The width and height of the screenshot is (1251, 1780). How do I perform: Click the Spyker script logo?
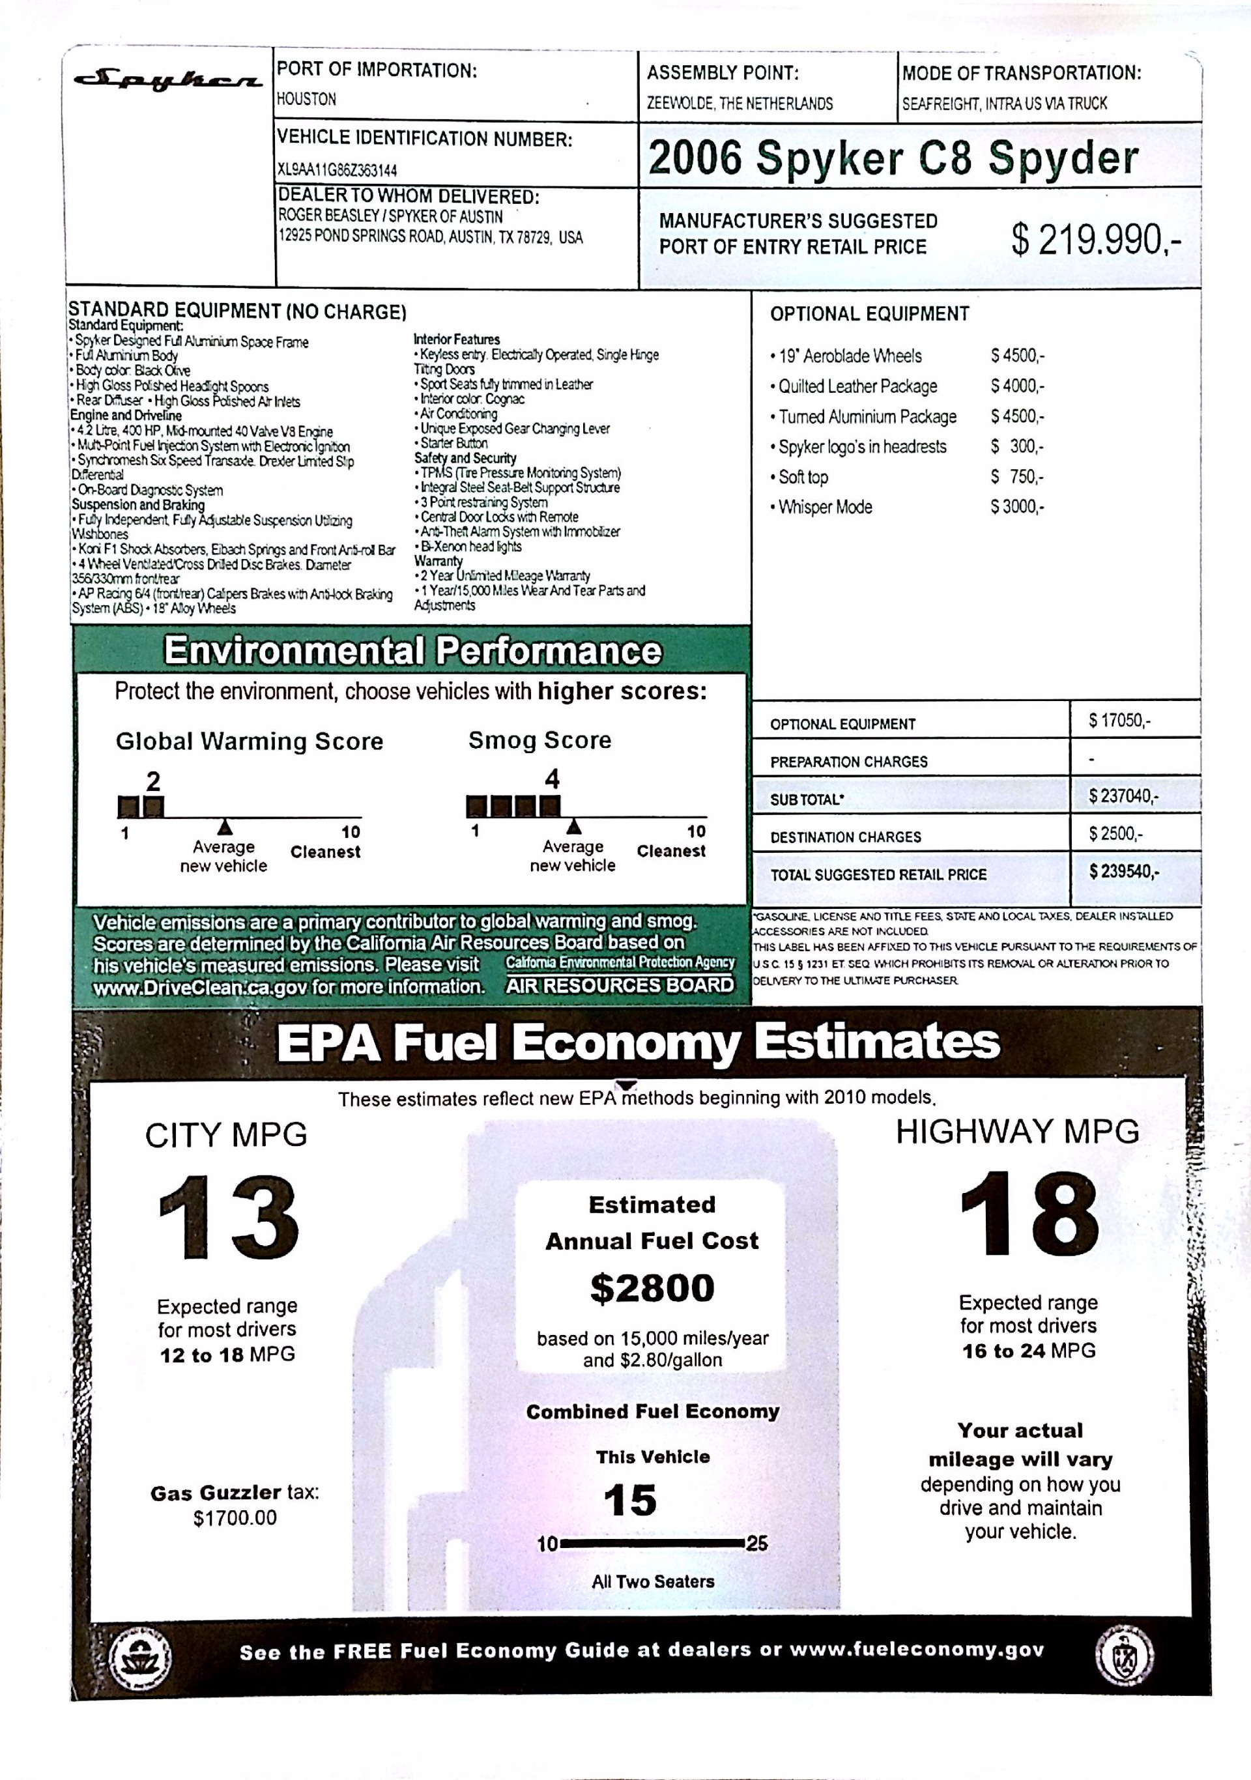[x=167, y=81]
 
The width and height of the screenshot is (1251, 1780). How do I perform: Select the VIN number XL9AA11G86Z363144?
[x=337, y=170]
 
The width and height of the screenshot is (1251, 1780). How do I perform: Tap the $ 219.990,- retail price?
[x=1095, y=240]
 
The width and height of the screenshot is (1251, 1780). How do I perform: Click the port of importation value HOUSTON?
[x=307, y=99]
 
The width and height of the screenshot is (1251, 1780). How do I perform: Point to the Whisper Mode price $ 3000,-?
[x=1017, y=507]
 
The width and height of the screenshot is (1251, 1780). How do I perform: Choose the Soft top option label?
[x=803, y=478]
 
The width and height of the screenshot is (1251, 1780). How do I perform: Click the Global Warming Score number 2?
[x=154, y=781]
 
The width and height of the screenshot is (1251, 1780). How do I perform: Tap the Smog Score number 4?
[x=552, y=779]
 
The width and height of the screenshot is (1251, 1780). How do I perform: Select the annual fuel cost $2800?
[x=652, y=1289]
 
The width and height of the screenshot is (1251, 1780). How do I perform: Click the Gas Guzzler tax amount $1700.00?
[x=235, y=1518]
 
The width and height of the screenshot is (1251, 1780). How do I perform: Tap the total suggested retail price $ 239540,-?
[x=1124, y=871]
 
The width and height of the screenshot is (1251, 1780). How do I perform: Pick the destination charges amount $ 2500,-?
[x=1115, y=834]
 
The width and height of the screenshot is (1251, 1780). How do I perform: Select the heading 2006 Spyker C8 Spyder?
[x=893, y=158]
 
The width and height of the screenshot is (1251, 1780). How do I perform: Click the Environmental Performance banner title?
[x=412, y=650]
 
